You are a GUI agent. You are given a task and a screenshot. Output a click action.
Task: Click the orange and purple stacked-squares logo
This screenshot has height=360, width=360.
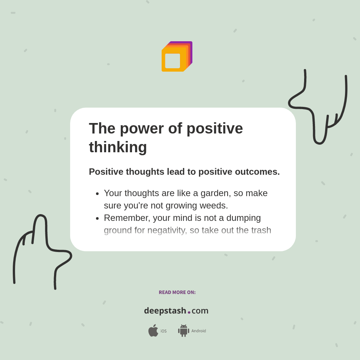click(x=177, y=57)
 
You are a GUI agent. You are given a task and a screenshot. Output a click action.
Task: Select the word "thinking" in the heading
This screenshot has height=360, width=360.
click(x=118, y=147)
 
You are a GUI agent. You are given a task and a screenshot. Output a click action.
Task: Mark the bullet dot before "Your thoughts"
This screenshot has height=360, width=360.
click(x=97, y=194)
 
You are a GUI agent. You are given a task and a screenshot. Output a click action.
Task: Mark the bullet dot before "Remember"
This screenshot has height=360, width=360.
click(x=97, y=219)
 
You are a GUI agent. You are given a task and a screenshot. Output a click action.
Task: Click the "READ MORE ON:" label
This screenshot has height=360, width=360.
click(x=177, y=292)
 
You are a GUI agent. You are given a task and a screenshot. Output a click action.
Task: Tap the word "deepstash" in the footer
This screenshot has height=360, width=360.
click(x=165, y=310)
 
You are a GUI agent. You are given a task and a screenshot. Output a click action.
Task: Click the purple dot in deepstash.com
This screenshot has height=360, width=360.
click(x=189, y=312)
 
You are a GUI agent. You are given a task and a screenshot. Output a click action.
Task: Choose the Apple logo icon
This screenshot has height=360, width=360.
click(x=153, y=331)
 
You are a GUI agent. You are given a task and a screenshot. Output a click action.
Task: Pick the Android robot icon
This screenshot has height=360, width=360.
click(x=183, y=331)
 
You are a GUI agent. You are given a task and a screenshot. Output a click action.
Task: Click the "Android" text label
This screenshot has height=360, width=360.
click(x=198, y=331)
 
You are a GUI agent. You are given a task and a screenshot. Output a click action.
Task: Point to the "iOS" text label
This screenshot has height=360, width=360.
click(x=163, y=331)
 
